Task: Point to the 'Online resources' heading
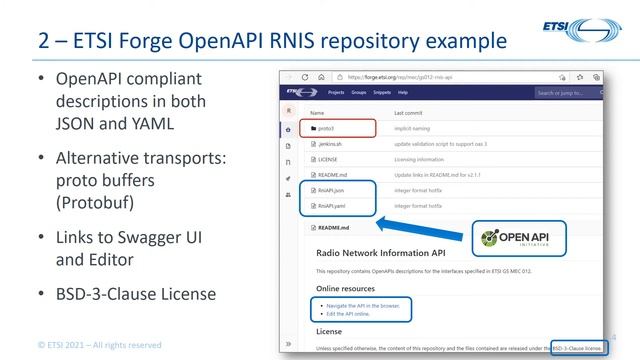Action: point(346,288)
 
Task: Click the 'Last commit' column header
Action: point(410,113)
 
